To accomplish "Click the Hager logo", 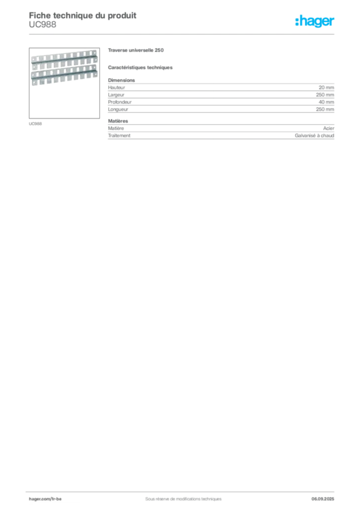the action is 315,21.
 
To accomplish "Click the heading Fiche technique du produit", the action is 83,15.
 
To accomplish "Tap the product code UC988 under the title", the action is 43,24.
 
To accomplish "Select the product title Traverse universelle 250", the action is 136,50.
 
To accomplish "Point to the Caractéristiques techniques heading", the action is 140,68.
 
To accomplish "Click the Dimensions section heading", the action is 121,80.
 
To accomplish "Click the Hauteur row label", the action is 116,87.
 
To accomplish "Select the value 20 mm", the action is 326,87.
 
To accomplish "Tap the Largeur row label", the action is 116,95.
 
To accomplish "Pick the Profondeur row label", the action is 120,102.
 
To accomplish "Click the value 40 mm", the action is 326,102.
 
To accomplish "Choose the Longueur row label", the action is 118,109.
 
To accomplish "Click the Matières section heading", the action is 118,121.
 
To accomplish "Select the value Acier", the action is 329,128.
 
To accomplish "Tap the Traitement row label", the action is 119,136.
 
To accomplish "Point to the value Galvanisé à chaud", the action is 314,136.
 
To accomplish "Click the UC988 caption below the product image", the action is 35,124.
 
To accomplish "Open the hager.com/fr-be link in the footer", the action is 45,499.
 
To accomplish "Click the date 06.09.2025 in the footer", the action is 323,499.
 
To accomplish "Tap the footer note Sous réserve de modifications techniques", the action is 183,499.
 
